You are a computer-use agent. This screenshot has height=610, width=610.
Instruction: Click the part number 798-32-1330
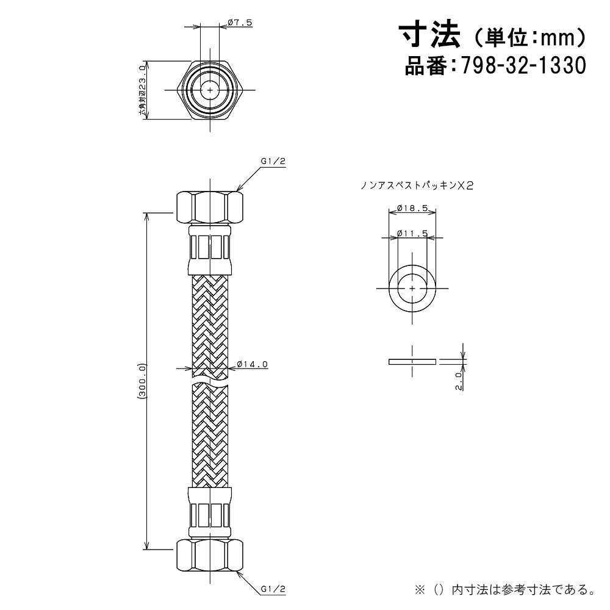[x=523, y=65]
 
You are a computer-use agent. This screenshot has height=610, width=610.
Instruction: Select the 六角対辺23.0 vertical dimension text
[x=142, y=91]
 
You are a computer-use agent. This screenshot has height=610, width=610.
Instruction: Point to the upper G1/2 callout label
[x=273, y=162]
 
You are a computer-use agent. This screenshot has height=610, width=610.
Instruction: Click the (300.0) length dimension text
[x=142, y=381]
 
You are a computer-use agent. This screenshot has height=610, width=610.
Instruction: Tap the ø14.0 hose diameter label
[x=252, y=364]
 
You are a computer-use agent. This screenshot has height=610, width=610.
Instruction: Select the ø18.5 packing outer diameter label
[x=412, y=209]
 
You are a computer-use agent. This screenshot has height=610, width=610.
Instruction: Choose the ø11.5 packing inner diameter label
[x=412, y=234]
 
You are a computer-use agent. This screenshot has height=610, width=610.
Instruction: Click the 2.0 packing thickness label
[x=459, y=380]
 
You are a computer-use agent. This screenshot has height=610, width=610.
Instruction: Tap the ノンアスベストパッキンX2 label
[x=417, y=186]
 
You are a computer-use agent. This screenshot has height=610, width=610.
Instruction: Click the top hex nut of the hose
[x=210, y=207]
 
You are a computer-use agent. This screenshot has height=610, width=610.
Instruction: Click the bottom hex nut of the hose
[x=210, y=555]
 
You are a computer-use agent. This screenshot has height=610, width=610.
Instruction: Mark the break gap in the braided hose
[x=210, y=381]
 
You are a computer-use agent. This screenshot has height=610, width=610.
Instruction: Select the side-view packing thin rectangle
[x=412, y=362]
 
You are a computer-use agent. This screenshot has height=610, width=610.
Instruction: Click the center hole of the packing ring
[x=412, y=289]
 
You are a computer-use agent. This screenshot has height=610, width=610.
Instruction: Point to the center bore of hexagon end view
[x=210, y=90]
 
